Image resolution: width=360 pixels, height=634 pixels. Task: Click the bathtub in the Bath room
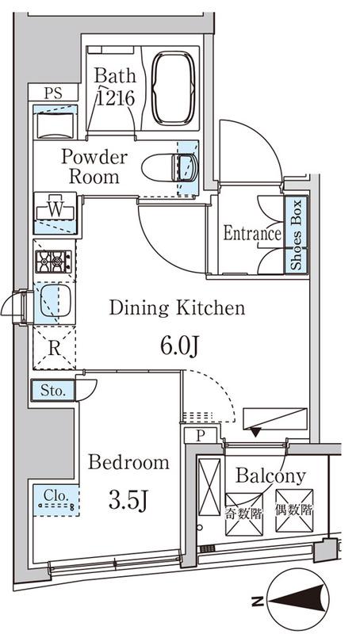click(x=174, y=88)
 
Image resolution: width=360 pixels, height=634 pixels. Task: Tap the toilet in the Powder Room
click(x=170, y=167)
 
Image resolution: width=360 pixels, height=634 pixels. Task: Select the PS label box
click(x=53, y=93)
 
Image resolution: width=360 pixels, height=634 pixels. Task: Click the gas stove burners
click(x=53, y=262)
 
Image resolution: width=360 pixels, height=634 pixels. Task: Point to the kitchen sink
click(x=56, y=301)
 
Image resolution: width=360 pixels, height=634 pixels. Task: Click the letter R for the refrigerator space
click(x=54, y=349)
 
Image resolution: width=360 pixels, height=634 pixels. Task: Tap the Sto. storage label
click(x=53, y=391)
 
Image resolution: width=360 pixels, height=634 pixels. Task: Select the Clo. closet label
click(x=56, y=495)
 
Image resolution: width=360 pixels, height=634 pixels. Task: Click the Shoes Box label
click(x=297, y=235)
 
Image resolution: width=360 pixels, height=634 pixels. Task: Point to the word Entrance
click(x=252, y=233)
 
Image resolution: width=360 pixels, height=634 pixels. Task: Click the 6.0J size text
click(x=179, y=346)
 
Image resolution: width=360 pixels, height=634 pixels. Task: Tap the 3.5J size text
click(x=127, y=502)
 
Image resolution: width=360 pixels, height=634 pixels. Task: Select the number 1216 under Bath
click(x=116, y=97)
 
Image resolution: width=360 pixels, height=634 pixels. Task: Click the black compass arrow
click(x=299, y=602)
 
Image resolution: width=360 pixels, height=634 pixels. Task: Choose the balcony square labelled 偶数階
click(x=294, y=510)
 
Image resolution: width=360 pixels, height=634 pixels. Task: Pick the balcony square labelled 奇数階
click(x=244, y=514)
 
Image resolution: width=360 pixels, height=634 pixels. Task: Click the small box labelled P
click(x=201, y=435)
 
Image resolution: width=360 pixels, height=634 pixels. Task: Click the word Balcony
click(x=270, y=476)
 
